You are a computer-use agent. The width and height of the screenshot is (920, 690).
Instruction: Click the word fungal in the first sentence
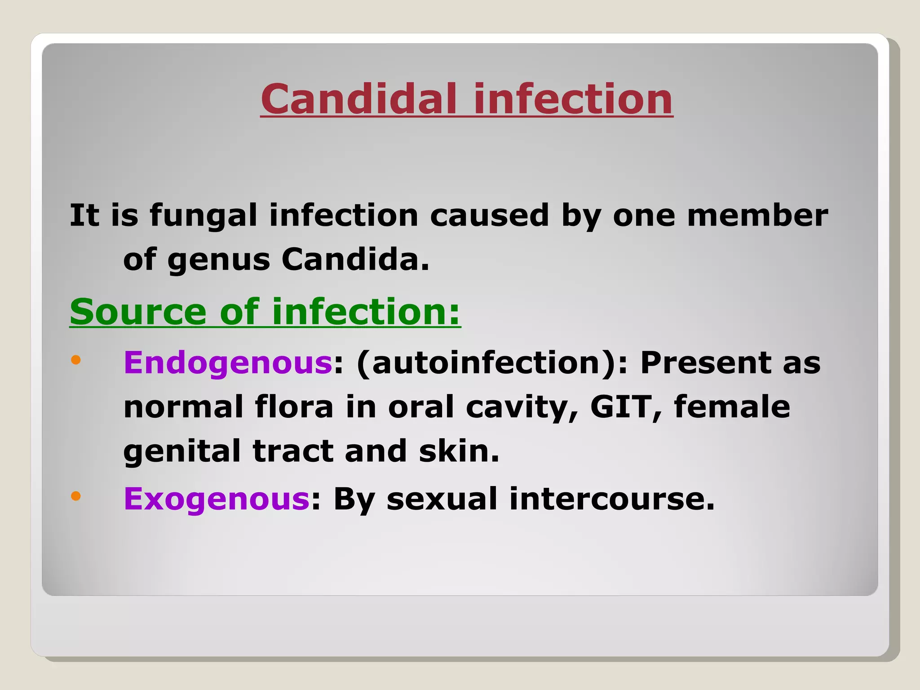(203, 216)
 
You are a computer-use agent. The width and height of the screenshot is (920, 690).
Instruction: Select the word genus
(218, 261)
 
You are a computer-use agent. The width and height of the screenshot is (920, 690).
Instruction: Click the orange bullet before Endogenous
(75, 360)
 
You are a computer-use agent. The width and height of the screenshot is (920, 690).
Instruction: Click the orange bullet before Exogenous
(75, 496)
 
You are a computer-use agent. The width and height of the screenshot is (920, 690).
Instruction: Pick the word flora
(294, 407)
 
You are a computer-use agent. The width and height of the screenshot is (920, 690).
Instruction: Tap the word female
(732, 407)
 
